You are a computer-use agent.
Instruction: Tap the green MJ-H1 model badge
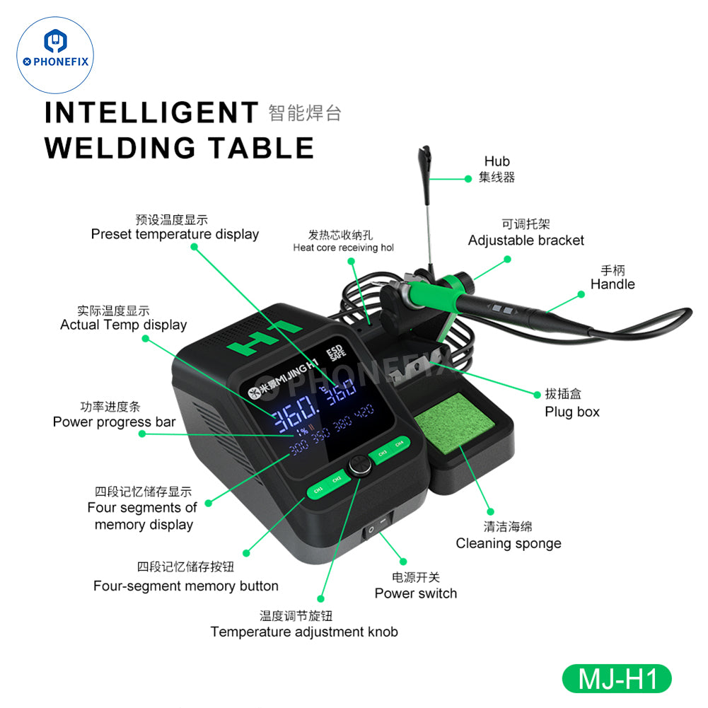pyautogui.click(x=616, y=679)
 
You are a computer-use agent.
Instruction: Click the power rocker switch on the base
pyautogui.click(x=375, y=528)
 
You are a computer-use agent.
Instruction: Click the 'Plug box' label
pyautogui.click(x=571, y=412)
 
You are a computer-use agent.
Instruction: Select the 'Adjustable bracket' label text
pyautogui.click(x=526, y=240)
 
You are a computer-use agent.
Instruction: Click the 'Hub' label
pyautogui.click(x=497, y=161)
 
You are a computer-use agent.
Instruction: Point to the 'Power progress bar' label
pyautogui.click(x=114, y=422)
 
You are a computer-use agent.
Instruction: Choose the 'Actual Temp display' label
pyautogui.click(x=123, y=325)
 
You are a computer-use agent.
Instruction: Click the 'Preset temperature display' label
pyautogui.click(x=175, y=234)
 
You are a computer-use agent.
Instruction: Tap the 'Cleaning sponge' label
pyautogui.click(x=509, y=543)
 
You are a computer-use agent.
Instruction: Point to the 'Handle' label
pyautogui.click(x=613, y=284)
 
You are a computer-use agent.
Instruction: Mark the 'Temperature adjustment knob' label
pyautogui.click(x=304, y=632)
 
